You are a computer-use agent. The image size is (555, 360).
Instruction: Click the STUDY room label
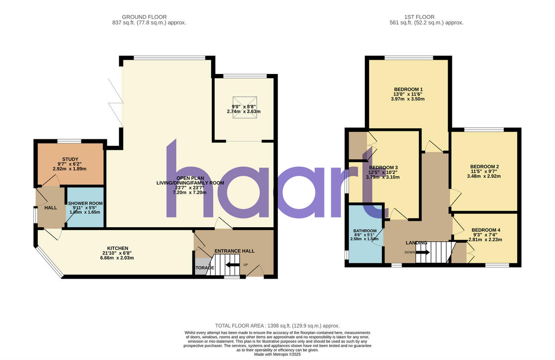click(x=70, y=159)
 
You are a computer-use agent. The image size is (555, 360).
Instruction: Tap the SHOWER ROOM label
click(x=85, y=203)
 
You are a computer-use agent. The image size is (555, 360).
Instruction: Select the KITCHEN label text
click(x=117, y=248)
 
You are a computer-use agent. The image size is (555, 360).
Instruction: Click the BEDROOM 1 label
click(x=408, y=89)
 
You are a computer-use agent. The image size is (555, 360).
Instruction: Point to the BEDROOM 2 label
click(x=484, y=167)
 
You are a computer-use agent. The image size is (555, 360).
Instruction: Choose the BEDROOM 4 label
click(x=486, y=230)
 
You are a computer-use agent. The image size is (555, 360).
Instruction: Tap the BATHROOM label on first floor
click(x=365, y=230)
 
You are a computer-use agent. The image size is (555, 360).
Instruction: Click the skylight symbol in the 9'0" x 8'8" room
click(x=244, y=107)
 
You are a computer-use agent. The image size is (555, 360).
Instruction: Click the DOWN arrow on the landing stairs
click(x=423, y=252)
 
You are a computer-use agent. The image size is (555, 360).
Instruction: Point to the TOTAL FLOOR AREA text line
click(x=277, y=326)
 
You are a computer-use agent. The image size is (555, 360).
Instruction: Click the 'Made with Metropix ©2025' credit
click(x=277, y=354)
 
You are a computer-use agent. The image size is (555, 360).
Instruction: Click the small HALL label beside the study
click(x=50, y=208)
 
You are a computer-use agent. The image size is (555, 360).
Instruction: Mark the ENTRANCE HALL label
click(x=234, y=251)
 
